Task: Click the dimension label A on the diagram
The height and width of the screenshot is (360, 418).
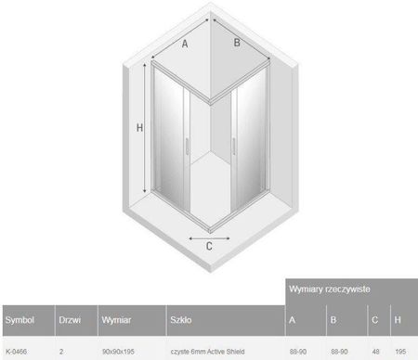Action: [x=185, y=44]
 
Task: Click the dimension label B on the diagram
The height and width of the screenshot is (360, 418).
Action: [x=237, y=43]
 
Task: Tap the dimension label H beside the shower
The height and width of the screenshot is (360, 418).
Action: [x=139, y=127]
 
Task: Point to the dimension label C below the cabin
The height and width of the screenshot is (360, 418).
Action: [x=209, y=246]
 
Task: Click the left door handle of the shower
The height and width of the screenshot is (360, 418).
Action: [x=187, y=147]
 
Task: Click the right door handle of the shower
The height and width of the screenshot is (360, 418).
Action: [x=234, y=147]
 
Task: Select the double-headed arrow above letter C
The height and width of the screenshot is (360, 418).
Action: [x=209, y=238]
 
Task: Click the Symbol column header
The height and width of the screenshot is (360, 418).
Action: [x=20, y=320]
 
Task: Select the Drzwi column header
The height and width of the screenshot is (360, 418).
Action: [x=70, y=320]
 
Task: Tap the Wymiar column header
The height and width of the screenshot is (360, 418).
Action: [x=116, y=320]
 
